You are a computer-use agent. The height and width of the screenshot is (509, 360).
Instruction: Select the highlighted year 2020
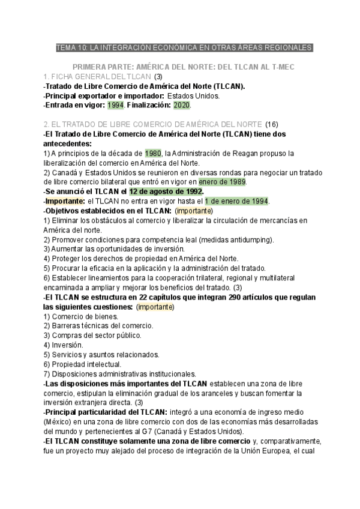click(x=182, y=105)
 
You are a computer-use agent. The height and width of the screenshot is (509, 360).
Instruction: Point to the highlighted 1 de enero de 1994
click(x=236, y=201)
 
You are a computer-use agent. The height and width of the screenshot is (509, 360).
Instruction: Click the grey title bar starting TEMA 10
click(x=184, y=47)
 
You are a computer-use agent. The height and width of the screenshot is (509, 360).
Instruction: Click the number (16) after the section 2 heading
click(x=272, y=124)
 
